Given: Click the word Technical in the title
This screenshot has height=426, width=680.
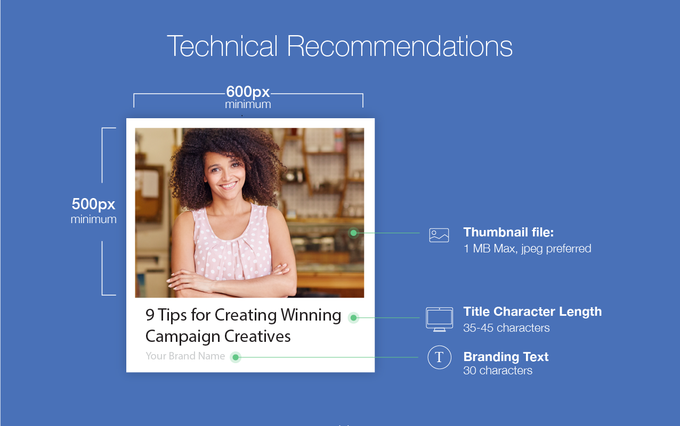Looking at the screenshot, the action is pyautogui.click(x=222, y=46).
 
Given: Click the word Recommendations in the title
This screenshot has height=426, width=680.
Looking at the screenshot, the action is pyautogui.click(x=400, y=46).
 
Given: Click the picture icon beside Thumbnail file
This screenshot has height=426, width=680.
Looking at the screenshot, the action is pyautogui.click(x=439, y=235).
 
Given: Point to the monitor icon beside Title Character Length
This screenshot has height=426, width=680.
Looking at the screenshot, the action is pyautogui.click(x=439, y=319).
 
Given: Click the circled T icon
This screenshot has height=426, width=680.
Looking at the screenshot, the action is pyautogui.click(x=439, y=357).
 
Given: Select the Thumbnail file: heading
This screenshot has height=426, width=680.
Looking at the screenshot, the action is pyautogui.click(x=508, y=232).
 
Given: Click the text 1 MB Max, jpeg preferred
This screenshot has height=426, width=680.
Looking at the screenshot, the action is pyautogui.click(x=527, y=249).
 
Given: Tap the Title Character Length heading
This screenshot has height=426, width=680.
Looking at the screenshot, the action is pyautogui.click(x=532, y=312).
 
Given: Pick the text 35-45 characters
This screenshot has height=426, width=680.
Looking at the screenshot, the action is pyautogui.click(x=506, y=327).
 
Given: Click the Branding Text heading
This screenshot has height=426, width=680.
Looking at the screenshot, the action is pyautogui.click(x=506, y=357).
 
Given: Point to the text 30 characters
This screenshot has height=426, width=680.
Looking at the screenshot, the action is pyautogui.click(x=498, y=371).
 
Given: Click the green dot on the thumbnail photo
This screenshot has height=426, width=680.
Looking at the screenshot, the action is pyautogui.click(x=353, y=233).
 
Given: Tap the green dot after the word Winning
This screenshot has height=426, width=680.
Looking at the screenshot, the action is pyautogui.click(x=353, y=318).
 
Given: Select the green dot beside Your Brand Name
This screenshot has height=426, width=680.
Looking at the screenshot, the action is pyautogui.click(x=235, y=357).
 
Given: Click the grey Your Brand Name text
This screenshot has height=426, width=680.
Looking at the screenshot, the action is pyautogui.click(x=185, y=356).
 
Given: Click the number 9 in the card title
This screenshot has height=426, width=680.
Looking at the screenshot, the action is pyautogui.click(x=150, y=315).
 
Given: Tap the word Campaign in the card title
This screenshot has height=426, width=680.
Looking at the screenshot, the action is pyautogui.click(x=183, y=337).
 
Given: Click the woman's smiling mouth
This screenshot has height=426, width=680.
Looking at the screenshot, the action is pyautogui.click(x=228, y=185).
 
